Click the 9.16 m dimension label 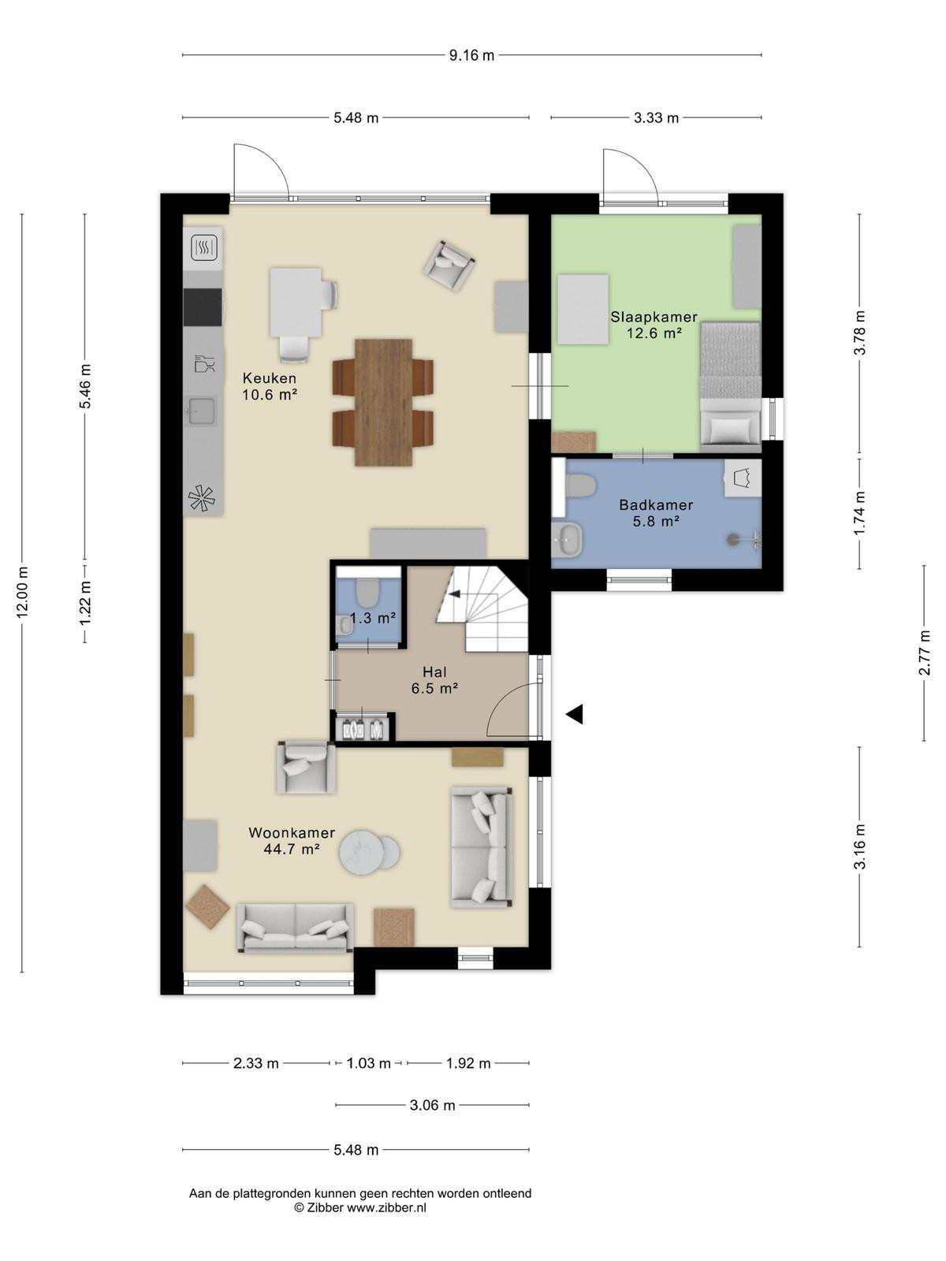coord(471,56)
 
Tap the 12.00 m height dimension coord(22,592)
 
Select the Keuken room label coord(270,378)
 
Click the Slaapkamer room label coord(654,317)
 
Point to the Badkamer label coord(656,505)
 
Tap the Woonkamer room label coord(292,832)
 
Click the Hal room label coord(434,671)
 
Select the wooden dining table coord(383,402)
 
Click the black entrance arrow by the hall coord(575,714)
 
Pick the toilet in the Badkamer coord(580,486)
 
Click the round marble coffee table coord(361,853)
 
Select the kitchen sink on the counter coord(202,411)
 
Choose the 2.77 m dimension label coord(924,653)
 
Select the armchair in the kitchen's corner coord(449,266)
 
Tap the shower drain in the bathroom coord(732,539)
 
